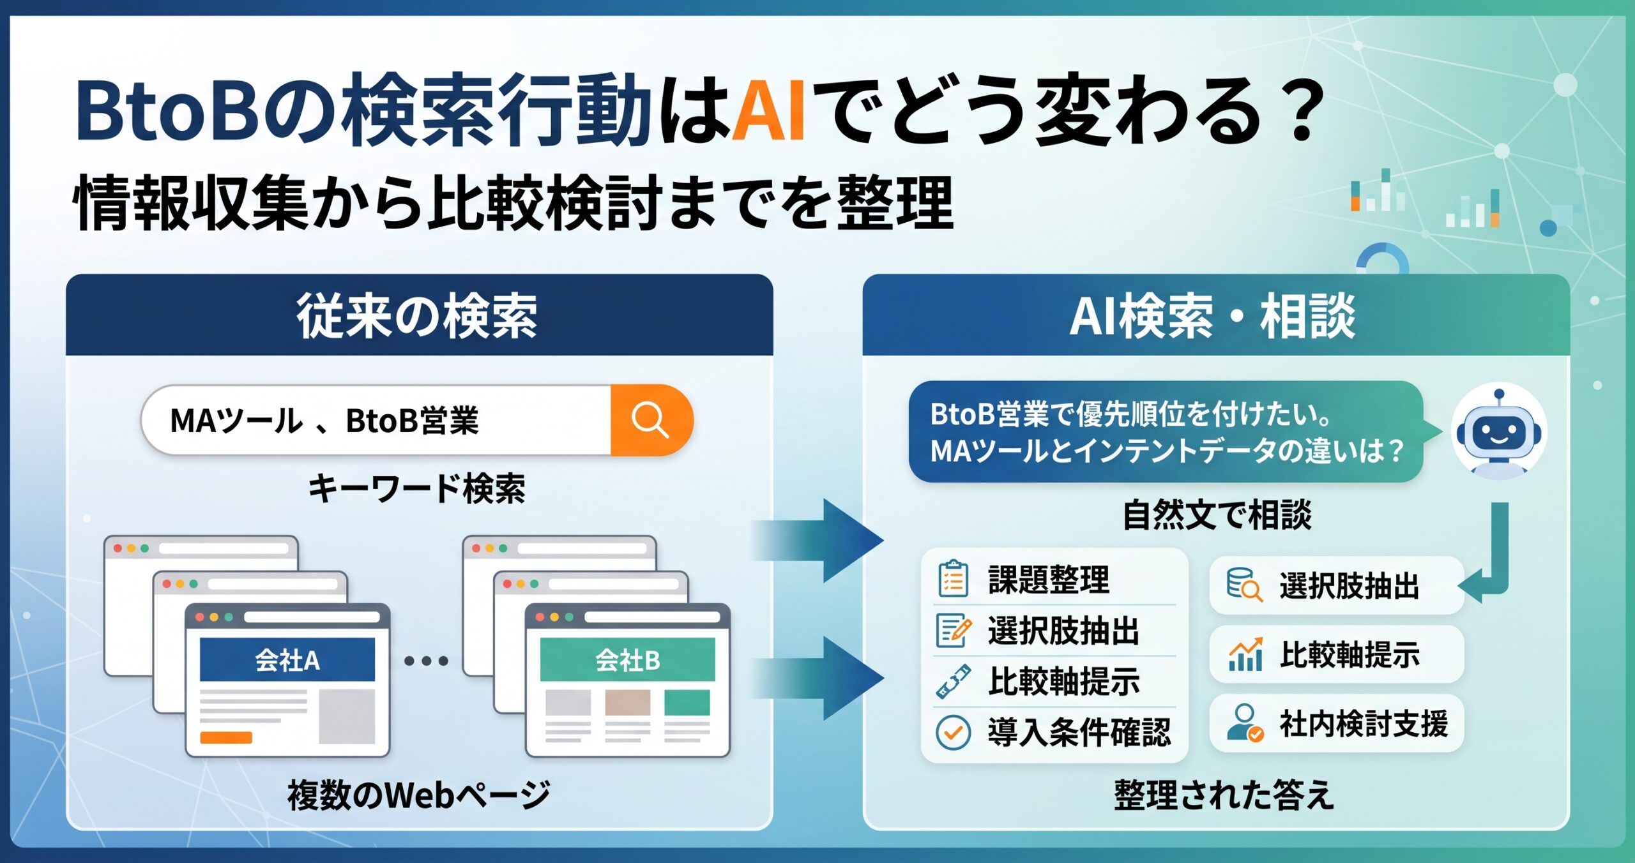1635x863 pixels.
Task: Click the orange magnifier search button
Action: (651, 420)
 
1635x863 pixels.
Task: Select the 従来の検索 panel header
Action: (419, 315)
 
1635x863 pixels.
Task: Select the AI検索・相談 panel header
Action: (1216, 315)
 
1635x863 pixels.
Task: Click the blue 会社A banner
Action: (287, 659)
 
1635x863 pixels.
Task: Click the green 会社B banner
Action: (628, 659)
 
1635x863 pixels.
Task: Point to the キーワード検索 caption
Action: (417, 490)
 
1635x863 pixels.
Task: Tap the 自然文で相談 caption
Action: (1217, 515)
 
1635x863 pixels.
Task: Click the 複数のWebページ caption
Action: (419, 795)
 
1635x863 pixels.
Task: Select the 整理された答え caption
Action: (1224, 795)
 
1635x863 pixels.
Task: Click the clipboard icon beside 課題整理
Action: (953, 578)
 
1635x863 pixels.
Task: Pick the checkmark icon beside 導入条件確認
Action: (953, 732)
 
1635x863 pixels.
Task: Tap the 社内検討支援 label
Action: (1364, 724)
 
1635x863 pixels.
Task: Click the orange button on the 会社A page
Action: (226, 738)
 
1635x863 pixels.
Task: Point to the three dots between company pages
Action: (426, 661)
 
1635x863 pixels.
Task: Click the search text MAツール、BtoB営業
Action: (324, 421)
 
